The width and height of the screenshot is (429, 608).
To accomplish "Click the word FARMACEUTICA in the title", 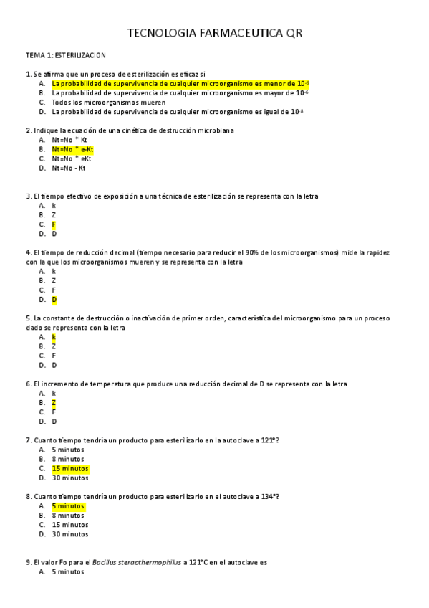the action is pos(231,33).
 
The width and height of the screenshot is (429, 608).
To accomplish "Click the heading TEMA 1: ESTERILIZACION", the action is pos(66,54).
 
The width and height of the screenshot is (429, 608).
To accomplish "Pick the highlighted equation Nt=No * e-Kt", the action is pos(72,149).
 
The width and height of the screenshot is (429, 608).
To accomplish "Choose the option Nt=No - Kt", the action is pos(68,168).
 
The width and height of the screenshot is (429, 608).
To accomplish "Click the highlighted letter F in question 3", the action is pos(54,224).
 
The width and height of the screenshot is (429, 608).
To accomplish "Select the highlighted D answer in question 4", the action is pos(54,300).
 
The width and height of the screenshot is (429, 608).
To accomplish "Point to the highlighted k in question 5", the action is pos(54,337).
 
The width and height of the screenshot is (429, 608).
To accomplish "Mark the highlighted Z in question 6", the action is pos(54,403).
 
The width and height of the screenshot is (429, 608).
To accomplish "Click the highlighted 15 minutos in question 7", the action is pos(70,468).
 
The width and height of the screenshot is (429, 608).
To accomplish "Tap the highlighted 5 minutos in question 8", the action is pos(68,506).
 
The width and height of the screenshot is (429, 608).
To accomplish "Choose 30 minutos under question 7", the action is pos(70,478).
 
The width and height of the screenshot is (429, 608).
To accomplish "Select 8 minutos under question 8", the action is pos(68,516).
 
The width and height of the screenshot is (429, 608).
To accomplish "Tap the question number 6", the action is pos(27,384).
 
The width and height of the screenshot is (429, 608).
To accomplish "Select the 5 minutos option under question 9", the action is pos(68,572).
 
